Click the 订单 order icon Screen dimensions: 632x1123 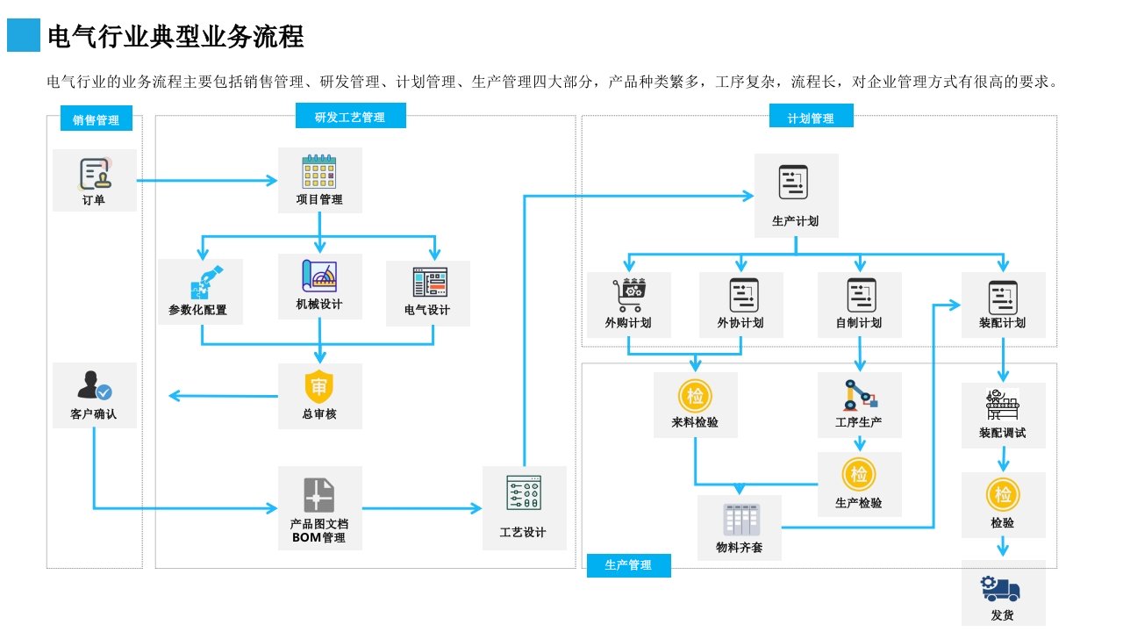(96, 174)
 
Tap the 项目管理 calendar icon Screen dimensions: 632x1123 (319, 172)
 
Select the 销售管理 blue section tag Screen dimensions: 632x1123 (96, 120)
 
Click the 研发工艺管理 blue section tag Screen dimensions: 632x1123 (349, 117)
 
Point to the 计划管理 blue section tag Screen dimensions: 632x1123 (811, 118)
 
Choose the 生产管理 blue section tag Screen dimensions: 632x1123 (628, 565)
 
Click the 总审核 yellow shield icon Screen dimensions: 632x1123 (319, 387)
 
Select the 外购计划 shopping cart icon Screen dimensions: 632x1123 (628, 295)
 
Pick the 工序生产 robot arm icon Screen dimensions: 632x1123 (859, 395)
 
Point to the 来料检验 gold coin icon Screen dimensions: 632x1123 (695, 395)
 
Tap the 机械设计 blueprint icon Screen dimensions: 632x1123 (319, 276)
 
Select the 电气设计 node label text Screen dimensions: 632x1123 (427, 311)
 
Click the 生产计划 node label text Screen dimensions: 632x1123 (796, 221)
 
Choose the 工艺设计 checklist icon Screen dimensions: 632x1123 (524, 494)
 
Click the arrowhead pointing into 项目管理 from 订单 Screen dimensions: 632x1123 (271, 181)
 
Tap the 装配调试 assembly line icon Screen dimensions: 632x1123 (1003, 405)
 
